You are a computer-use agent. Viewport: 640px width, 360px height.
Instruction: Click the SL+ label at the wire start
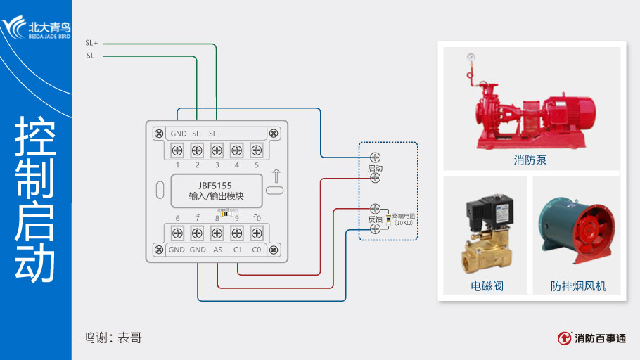click(91, 43)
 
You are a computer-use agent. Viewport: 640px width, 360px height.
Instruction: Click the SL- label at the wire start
click(91, 56)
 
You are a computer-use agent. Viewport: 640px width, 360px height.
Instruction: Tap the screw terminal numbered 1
click(177, 150)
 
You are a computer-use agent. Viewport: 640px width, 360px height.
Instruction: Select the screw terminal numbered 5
click(257, 150)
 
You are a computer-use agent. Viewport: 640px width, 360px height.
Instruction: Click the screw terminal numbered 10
click(257, 232)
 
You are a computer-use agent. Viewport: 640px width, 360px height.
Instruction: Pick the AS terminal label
click(218, 250)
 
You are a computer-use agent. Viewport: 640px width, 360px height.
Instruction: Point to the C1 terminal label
click(238, 250)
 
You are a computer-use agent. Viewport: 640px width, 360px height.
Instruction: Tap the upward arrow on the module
click(276, 175)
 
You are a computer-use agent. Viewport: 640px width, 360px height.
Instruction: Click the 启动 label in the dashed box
click(375, 169)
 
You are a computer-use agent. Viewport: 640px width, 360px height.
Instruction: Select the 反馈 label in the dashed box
click(375, 219)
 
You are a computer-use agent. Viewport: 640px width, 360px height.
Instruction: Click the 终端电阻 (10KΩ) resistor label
click(404, 219)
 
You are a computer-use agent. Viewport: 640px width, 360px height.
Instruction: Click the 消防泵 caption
click(530, 160)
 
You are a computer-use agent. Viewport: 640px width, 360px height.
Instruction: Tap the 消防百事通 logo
click(592, 338)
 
